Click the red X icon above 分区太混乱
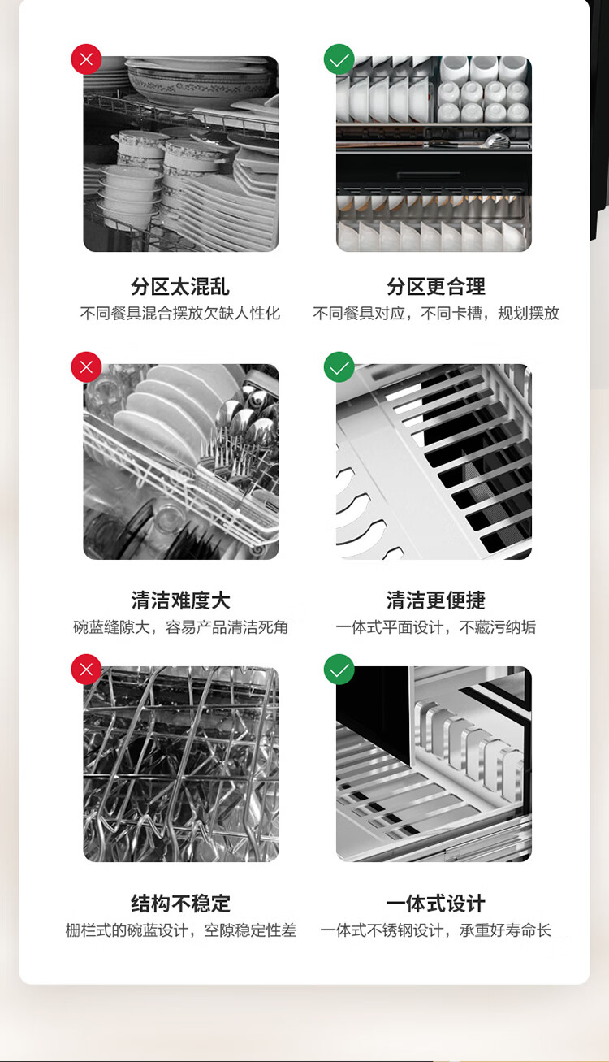point(86,59)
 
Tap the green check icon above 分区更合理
point(339,59)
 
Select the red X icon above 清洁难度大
point(86,367)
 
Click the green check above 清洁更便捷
point(339,367)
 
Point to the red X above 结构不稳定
point(86,670)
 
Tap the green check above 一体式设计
point(339,670)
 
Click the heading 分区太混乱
point(180,286)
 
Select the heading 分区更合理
point(436,286)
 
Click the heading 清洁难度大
point(180,600)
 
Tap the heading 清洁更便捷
point(436,600)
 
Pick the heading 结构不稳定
point(180,904)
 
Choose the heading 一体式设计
point(436,904)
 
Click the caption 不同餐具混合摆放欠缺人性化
point(180,314)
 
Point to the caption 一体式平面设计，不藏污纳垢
point(435,627)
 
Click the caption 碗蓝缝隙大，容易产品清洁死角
point(180,627)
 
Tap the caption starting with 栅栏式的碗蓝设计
point(180,930)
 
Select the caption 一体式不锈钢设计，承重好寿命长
point(435,930)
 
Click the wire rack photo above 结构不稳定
point(181,765)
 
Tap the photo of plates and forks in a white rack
point(181,462)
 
